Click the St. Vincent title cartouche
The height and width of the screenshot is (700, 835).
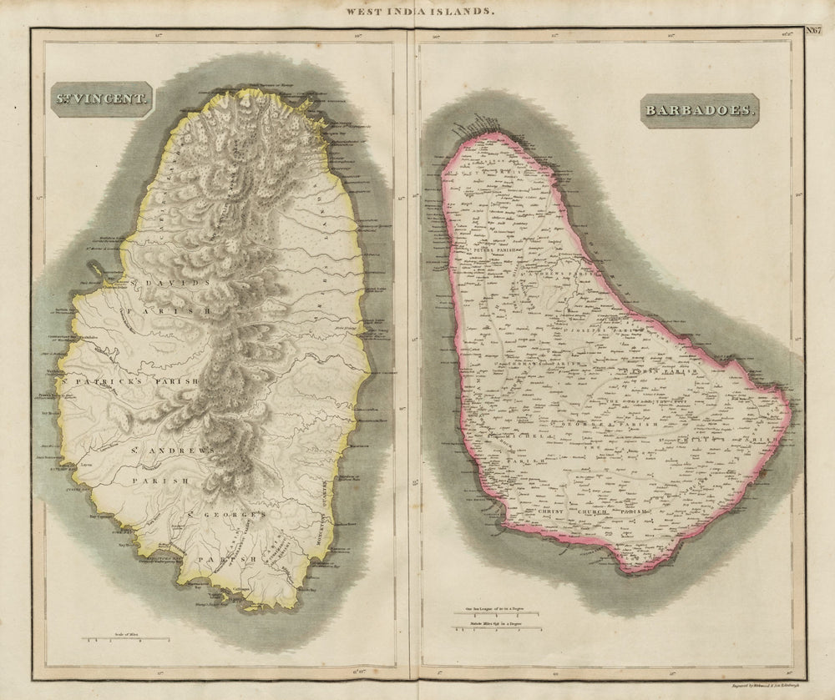click(101, 99)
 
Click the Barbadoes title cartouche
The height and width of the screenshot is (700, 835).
click(699, 110)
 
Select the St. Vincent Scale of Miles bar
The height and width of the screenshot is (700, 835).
click(125, 640)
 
